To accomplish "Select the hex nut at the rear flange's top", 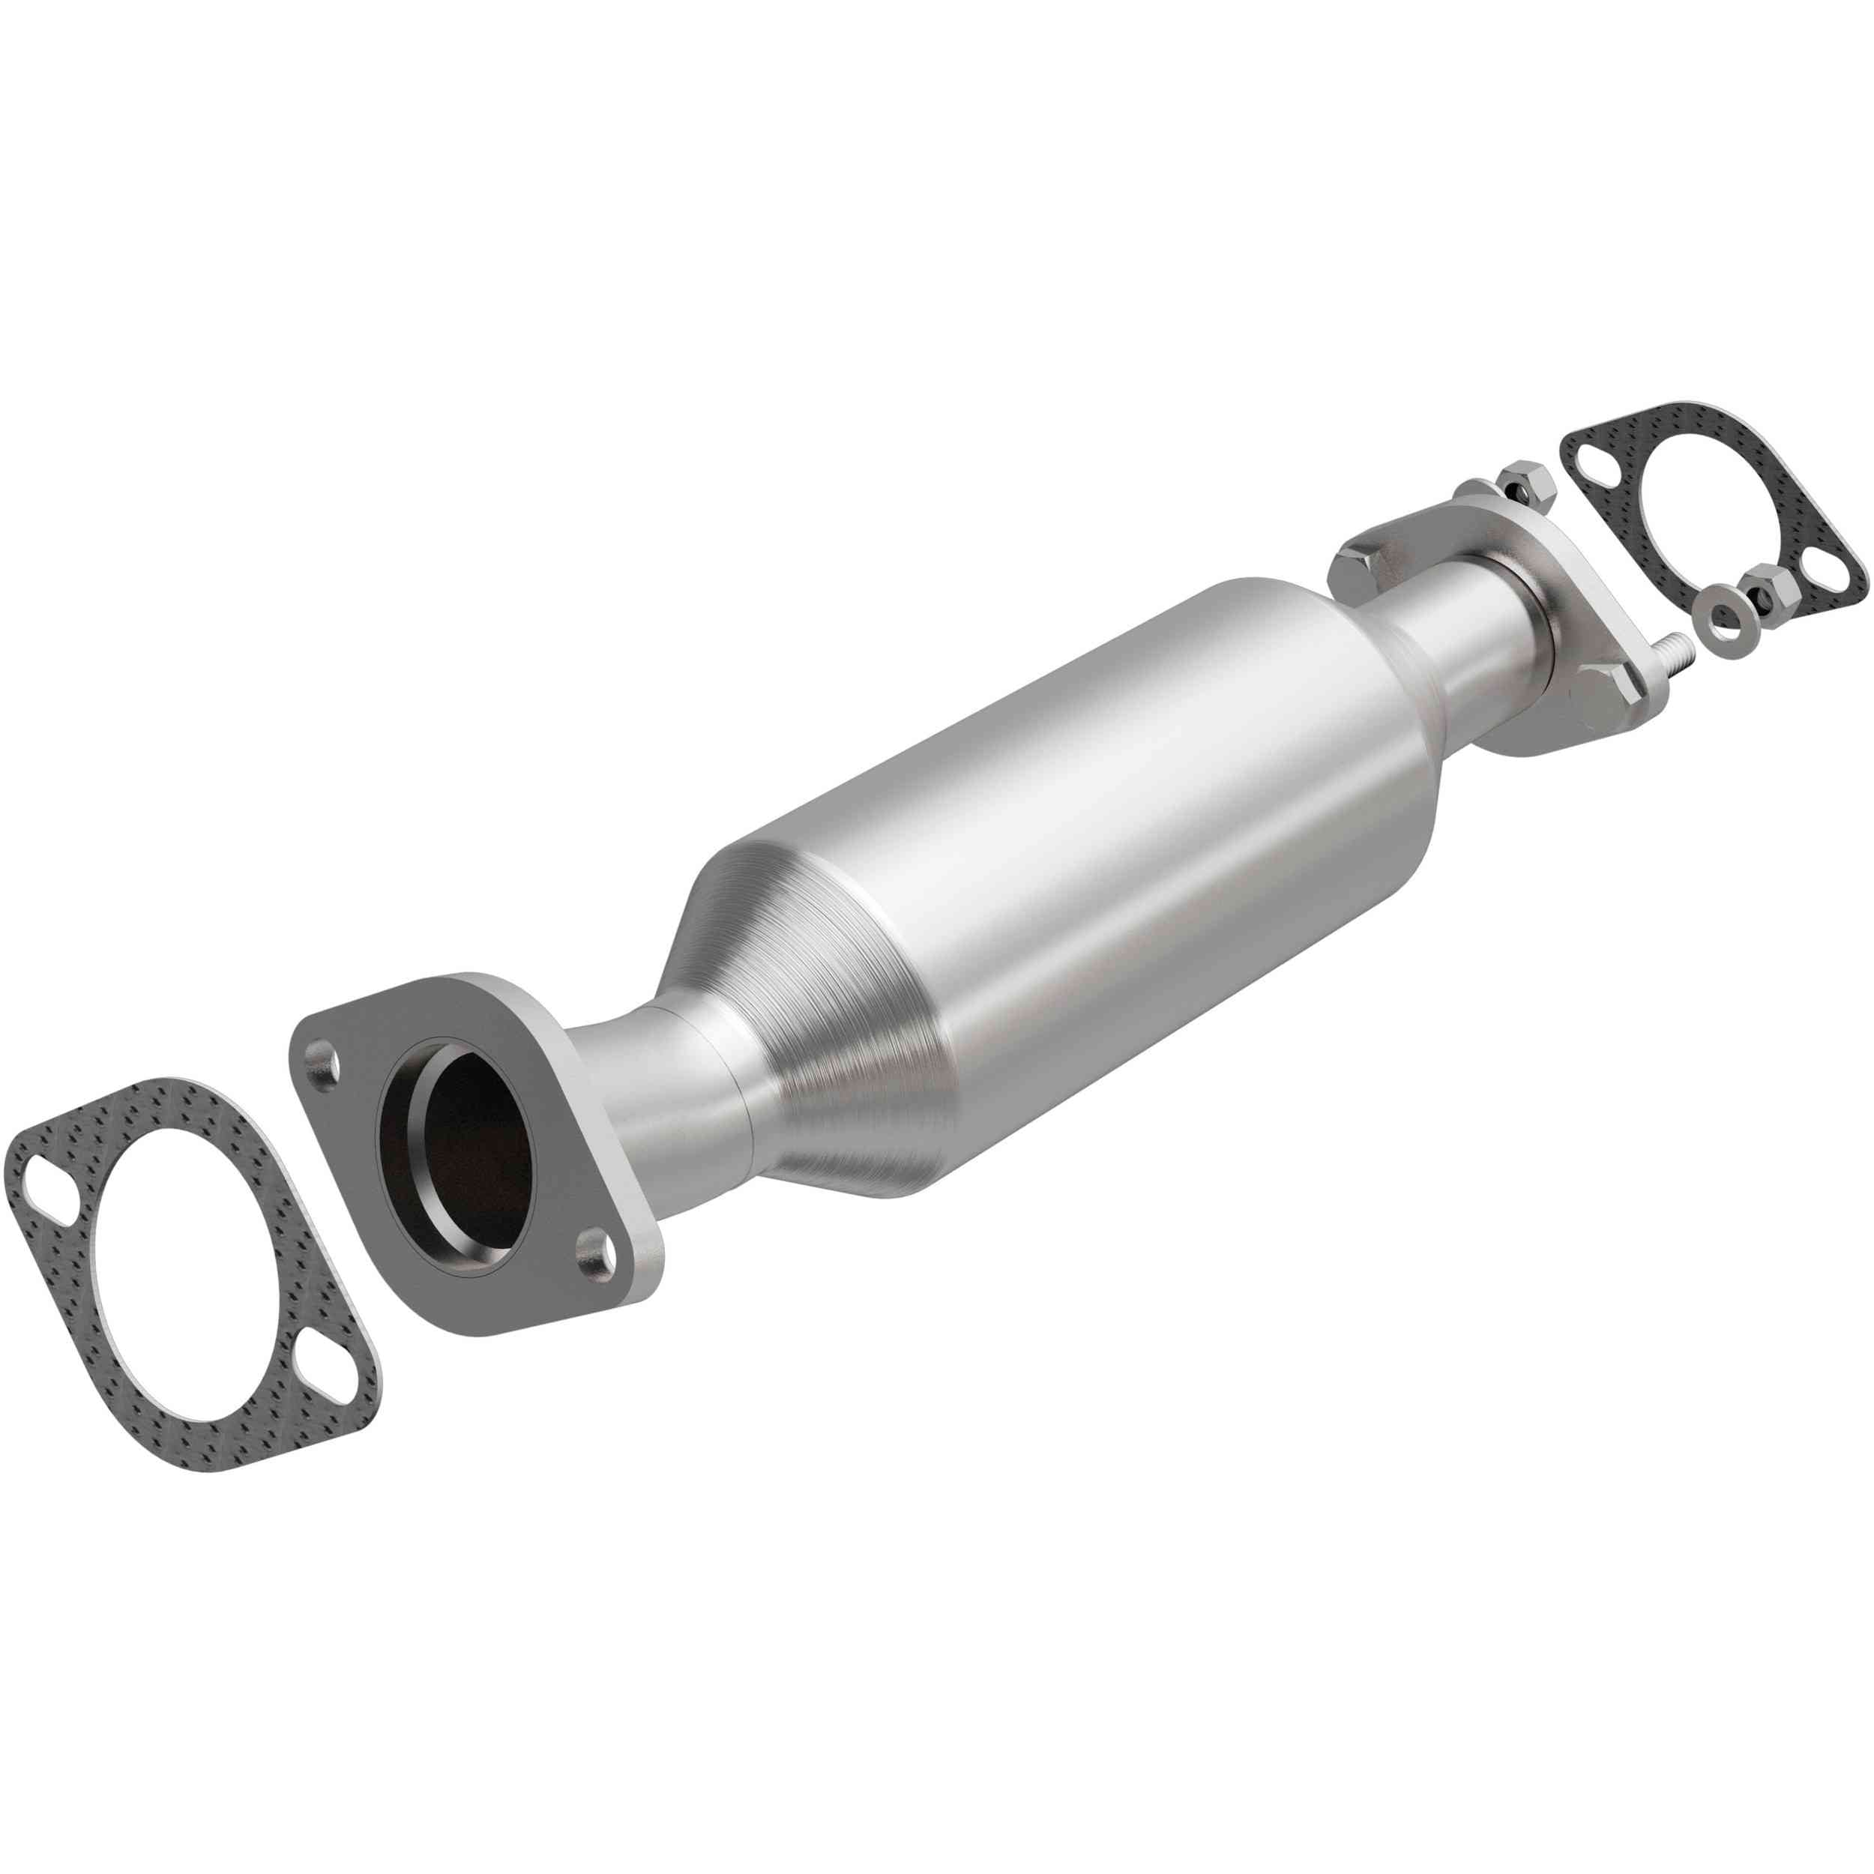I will (1523, 482).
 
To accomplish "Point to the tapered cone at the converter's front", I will (825, 1048).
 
